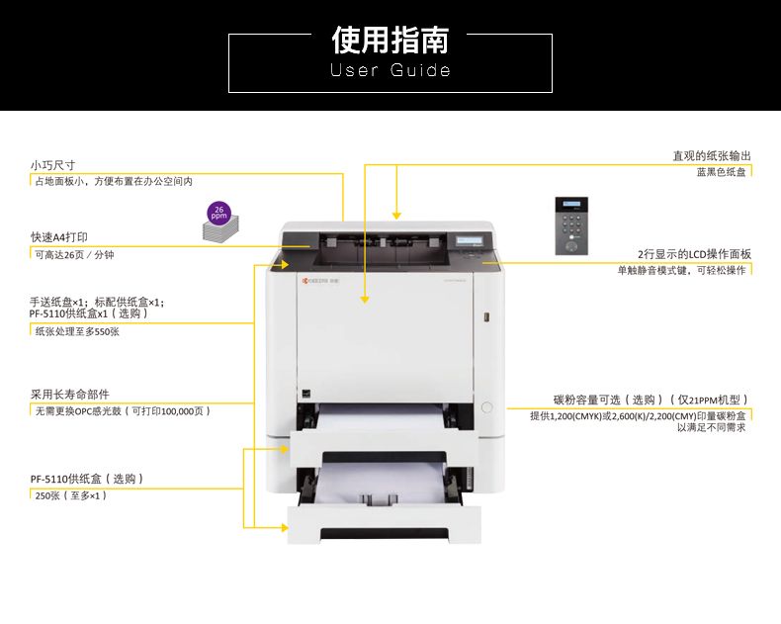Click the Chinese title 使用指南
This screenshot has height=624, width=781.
(x=390, y=40)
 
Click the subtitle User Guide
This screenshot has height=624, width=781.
(x=390, y=70)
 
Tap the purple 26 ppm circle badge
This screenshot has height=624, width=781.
(x=219, y=213)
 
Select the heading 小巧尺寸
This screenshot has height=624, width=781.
(x=52, y=165)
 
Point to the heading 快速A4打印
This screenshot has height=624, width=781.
(x=58, y=236)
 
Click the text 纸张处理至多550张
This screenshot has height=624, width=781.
(x=77, y=331)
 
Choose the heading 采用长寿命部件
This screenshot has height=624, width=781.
(x=70, y=395)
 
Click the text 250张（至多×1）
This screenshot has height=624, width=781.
(x=71, y=495)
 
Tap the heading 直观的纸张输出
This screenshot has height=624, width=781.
(x=712, y=156)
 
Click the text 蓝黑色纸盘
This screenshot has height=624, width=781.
(x=721, y=172)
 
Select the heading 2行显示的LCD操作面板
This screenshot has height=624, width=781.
(x=694, y=254)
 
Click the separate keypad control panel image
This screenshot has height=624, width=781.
(x=571, y=225)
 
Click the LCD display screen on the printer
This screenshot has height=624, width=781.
(x=470, y=240)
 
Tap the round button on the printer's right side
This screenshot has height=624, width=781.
(x=487, y=407)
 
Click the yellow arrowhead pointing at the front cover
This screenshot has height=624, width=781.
(x=365, y=299)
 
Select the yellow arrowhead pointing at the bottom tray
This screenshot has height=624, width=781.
(x=285, y=527)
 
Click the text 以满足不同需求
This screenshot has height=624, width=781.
(x=711, y=427)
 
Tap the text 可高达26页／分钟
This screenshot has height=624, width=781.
(x=74, y=255)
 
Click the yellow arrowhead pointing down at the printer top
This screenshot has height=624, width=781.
(x=396, y=216)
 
